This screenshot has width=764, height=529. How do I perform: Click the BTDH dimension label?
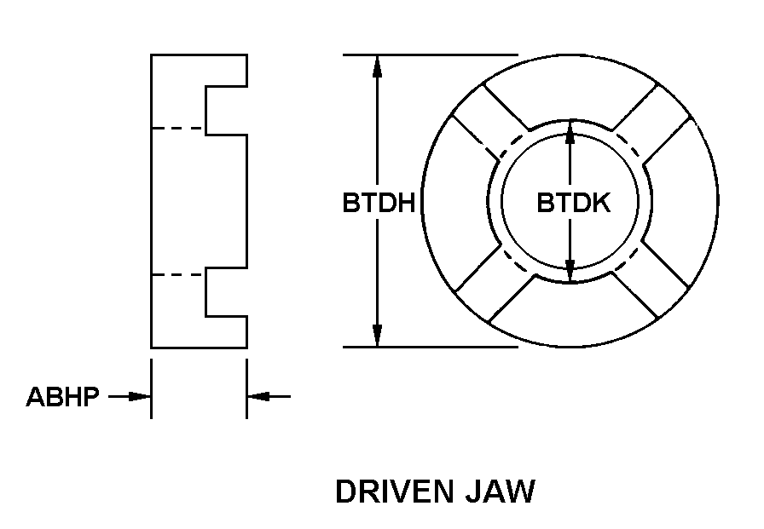(378, 204)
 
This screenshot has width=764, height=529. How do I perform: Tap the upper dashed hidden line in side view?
(178, 129)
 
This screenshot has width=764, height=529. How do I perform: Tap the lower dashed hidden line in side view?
(178, 274)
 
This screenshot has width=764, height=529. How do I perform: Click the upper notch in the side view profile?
(226, 109)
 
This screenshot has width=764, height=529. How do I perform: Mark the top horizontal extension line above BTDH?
(431, 55)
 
